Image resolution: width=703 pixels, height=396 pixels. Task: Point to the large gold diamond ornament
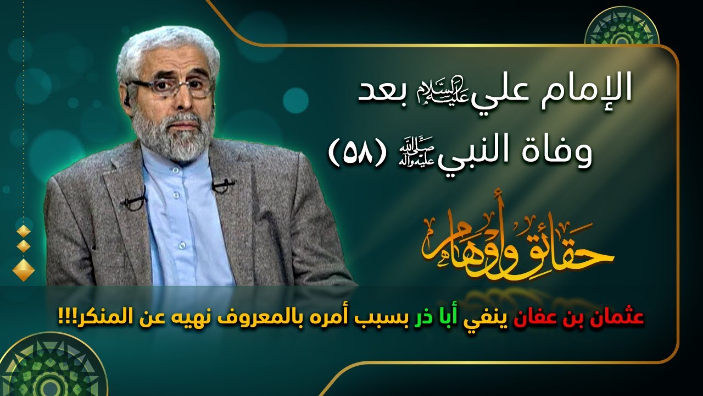click(23, 269)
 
